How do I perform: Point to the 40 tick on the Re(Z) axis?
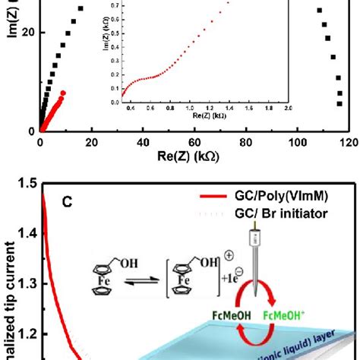point(142,141)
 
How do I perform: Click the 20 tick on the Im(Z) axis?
point(29,33)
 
